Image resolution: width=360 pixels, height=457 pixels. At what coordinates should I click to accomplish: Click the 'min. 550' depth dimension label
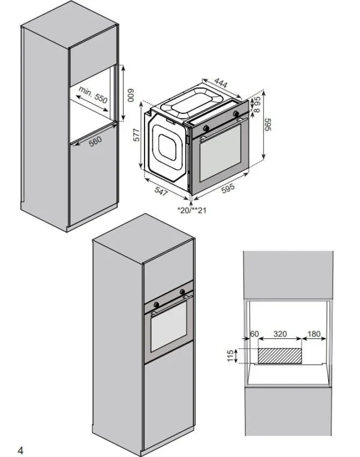point(93,94)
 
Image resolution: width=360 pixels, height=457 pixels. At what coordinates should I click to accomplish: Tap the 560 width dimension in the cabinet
point(95,141)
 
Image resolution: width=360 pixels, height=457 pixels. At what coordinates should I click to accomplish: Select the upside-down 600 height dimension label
point(131,95)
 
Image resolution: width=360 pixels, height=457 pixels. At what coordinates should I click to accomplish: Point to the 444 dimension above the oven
point(221,83)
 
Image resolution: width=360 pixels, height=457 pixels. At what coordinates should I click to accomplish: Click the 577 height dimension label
point(136,134)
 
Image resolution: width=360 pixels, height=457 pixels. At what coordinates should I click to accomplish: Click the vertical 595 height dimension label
point(268,125)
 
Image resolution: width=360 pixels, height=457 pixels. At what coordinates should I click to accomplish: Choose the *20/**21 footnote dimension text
point(192,210)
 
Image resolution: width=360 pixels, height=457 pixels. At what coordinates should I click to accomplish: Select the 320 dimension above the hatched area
point(280,333)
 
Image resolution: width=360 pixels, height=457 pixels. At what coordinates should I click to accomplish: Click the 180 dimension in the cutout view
point(314,333)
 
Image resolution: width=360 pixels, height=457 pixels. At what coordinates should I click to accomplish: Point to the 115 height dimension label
point(230,356)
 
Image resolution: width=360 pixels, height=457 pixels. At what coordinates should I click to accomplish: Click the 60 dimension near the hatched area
point(254,333)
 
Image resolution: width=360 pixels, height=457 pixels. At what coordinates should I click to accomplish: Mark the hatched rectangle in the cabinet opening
point(280,356)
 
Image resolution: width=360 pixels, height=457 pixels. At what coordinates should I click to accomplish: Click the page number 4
point(20,450)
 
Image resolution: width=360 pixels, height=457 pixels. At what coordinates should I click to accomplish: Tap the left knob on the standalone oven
point(206,128)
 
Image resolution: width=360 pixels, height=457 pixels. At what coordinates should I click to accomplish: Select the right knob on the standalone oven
point(236,113)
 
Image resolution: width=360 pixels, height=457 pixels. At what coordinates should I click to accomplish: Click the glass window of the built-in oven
point(169,326)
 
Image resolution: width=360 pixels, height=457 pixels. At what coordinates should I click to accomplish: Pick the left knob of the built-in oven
point(156,305)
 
